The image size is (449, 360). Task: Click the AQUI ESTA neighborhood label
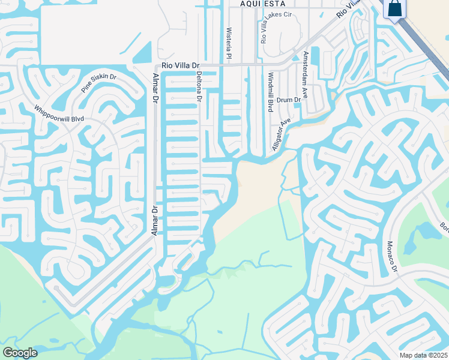261,4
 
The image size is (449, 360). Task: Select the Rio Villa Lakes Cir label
264,27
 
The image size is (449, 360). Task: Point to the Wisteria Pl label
229,43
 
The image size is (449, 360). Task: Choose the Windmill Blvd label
271,93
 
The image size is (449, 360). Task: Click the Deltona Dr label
199,87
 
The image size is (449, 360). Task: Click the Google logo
20,353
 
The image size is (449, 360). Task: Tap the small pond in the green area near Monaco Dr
427,232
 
